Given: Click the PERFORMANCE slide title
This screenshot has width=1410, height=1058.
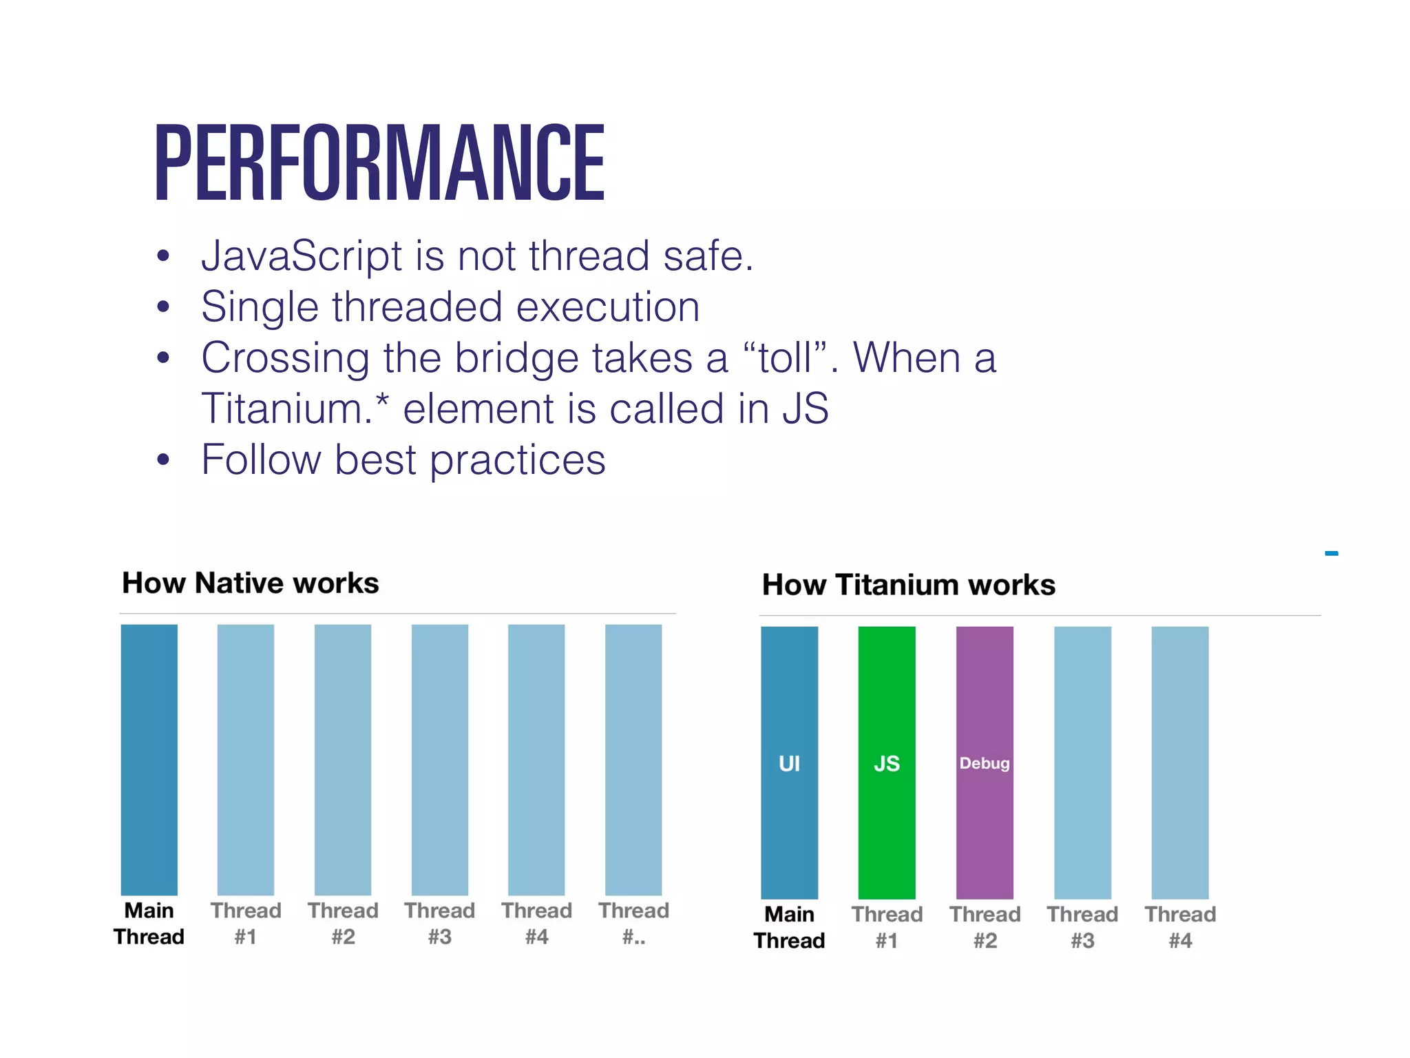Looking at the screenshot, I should tap(379, 163).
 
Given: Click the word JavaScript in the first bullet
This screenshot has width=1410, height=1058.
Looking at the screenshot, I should tap(301, 256).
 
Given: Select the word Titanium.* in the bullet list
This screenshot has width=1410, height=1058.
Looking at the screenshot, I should tap(295, 408).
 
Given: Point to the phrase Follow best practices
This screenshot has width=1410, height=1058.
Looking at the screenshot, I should tap(403, 459).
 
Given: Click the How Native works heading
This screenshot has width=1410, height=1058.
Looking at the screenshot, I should tap(250, 583).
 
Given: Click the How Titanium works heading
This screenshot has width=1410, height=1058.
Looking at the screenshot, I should tap(908, 585).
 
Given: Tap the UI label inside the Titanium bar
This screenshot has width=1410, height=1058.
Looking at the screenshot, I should tap(789, 763).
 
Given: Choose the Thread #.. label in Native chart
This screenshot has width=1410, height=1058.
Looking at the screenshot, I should tap(633, 923).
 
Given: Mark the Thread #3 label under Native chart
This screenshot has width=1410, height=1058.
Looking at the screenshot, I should tap(439, 923).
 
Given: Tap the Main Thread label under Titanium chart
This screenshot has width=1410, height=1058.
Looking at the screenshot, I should tap(789, 927).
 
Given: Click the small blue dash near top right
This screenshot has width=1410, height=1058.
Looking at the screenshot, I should tap(1332, 553).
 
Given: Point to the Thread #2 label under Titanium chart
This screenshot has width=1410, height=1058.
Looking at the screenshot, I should tap(985, 927).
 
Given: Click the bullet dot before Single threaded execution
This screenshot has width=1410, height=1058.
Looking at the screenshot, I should tap(163, 307).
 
